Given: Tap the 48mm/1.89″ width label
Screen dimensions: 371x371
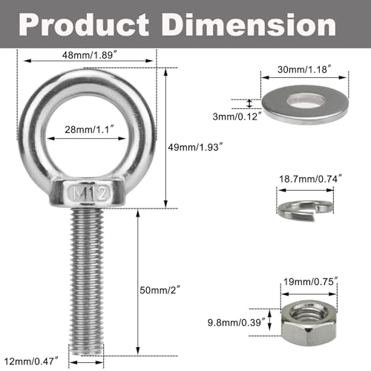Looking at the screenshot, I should click(88, 56).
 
